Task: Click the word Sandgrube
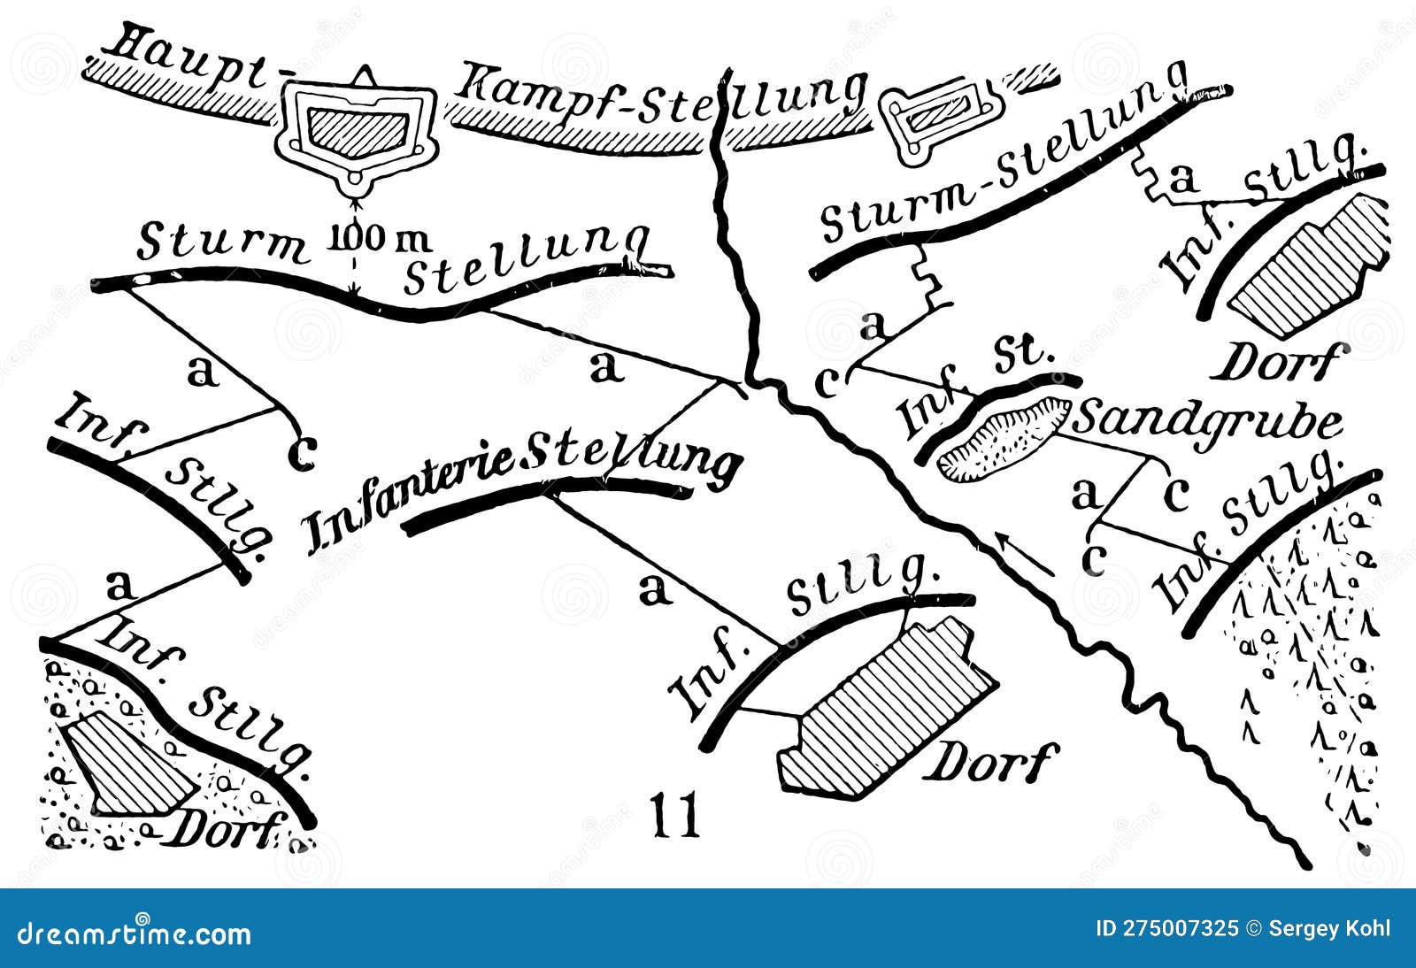click(x=1208, y=421)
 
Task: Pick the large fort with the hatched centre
click(x=354, y=129)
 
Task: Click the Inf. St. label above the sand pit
click(x=973, y=389)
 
